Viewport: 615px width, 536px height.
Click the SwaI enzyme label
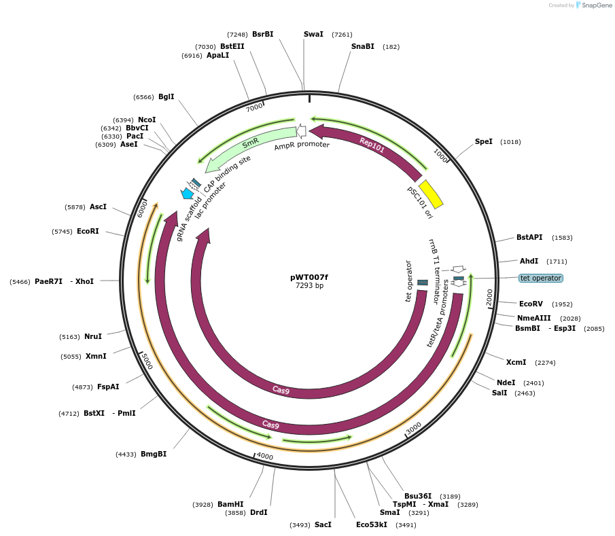[313, 34]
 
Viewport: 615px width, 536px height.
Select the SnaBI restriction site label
[362, 46]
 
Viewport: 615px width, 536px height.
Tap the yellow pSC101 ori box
[431, 194]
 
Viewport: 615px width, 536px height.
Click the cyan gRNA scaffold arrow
[187, 194]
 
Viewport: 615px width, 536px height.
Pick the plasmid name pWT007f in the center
[309, 277]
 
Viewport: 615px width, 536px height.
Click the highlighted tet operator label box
[541, 278]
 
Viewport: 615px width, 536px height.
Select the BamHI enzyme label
[230, 504]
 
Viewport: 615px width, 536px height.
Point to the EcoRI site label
[88, 231]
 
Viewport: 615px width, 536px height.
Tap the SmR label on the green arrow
[250, 143]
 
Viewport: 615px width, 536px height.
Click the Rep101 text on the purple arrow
[372, 144]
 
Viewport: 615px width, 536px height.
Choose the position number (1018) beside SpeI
[510, 142]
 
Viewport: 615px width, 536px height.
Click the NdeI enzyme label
[506, 382]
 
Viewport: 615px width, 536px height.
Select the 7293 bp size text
[309, 285]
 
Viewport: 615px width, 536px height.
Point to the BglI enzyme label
[166, 96]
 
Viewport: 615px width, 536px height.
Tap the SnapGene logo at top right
[594, 5]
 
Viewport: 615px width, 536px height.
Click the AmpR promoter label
[302, 145]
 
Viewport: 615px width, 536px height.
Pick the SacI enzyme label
[323, 524]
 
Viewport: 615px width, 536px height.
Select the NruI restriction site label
[93, 336]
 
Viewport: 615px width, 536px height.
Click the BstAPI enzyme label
[529, 237]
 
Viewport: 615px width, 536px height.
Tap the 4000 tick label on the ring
[265, 457]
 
